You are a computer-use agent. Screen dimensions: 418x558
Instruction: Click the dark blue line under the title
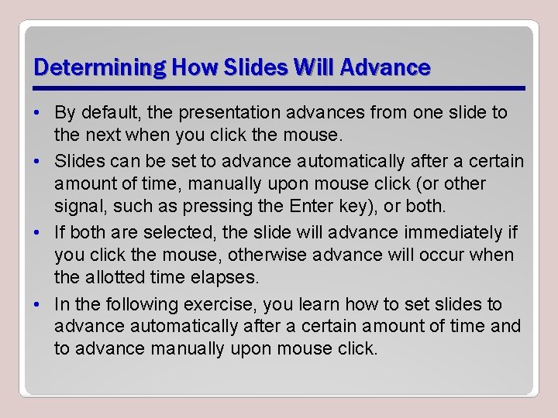(279, 87)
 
